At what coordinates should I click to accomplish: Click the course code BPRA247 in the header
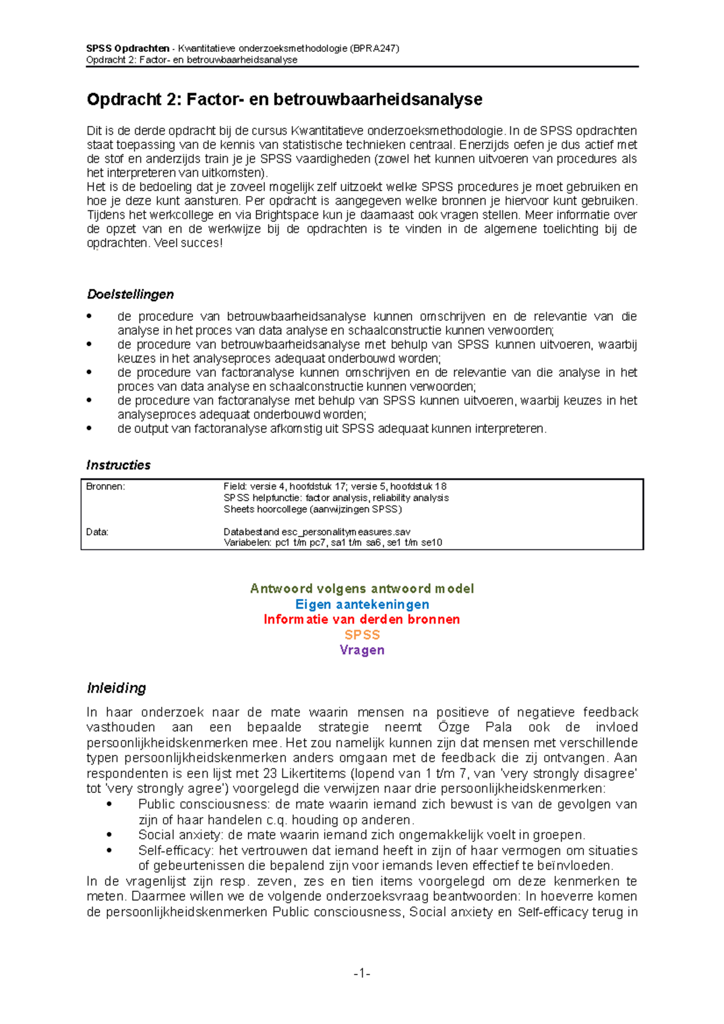[375, 48]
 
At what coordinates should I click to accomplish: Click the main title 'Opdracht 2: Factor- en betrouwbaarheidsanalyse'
[284, 100]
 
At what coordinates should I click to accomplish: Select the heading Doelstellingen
[130, 294]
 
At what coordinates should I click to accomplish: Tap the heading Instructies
[118, 465]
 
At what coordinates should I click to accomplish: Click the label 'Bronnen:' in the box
[106, 486]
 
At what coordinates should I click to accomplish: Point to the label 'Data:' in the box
[97, 532]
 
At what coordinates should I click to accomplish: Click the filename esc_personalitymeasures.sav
[346, 532]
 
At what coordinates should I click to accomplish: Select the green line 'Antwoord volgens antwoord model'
[362, 589]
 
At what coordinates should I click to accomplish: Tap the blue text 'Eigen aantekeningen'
[362, 604]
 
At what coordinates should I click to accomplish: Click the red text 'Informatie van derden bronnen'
[362, 619]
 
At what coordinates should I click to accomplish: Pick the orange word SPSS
[362, 635]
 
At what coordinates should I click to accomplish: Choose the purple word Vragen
[362, 650]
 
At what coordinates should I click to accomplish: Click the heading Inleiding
[116, 688]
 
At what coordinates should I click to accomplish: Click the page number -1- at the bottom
[362, 973]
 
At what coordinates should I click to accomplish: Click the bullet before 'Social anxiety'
[109, 835]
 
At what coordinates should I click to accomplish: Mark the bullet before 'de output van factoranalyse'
[90, 429]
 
